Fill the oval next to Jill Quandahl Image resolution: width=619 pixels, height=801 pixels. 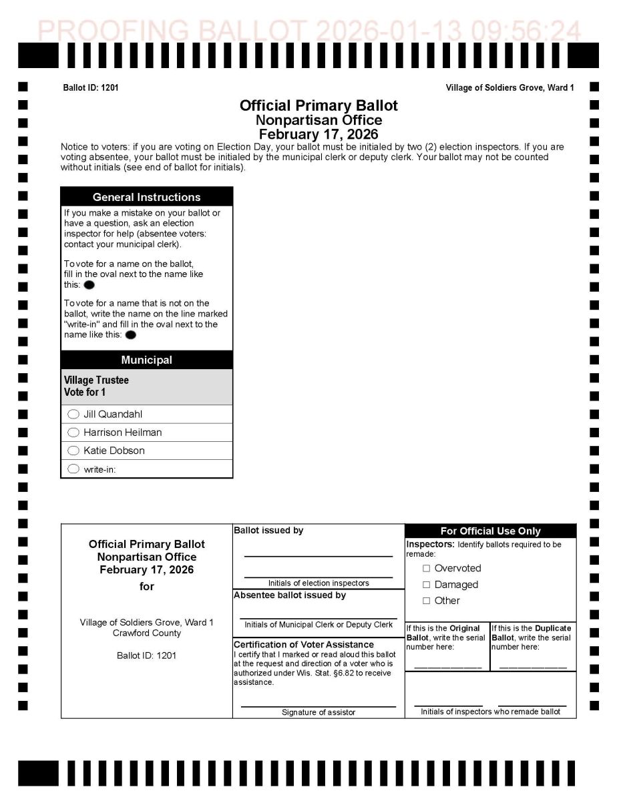[73, 415]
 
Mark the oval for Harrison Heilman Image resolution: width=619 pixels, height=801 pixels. [73, 433]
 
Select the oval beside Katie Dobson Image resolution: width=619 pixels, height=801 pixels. [73, 451]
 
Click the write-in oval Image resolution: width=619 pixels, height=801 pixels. [73, 469]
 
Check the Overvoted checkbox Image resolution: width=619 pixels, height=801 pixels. [426, 569]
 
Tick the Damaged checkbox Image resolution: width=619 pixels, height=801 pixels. [426, 585]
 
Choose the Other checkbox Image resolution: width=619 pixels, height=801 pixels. [426, 601]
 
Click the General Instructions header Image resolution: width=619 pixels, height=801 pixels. [146, 197]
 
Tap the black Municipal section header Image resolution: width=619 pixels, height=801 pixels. [146, 360]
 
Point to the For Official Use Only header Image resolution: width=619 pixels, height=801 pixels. [490, 531]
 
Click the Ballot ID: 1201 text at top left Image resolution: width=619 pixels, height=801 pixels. [91, 88]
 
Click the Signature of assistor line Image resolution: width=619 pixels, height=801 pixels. [318, 705]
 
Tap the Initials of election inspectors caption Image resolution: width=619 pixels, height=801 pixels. [319, 583]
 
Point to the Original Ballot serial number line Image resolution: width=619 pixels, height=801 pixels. [447, 667]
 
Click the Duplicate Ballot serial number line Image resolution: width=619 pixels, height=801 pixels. [533, 667]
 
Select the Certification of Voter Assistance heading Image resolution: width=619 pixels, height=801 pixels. [304, 645]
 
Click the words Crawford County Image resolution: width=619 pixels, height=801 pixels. [147, 633]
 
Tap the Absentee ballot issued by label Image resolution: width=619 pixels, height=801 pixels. [290, 595]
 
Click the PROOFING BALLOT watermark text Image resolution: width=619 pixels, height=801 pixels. [309, 31]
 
